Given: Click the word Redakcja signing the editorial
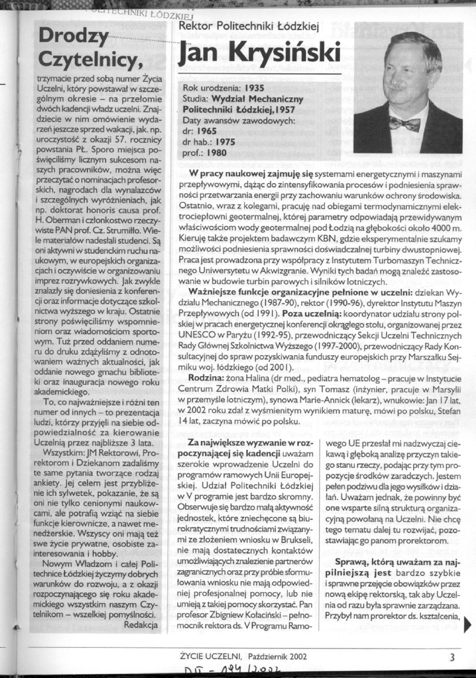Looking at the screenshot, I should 142,625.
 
